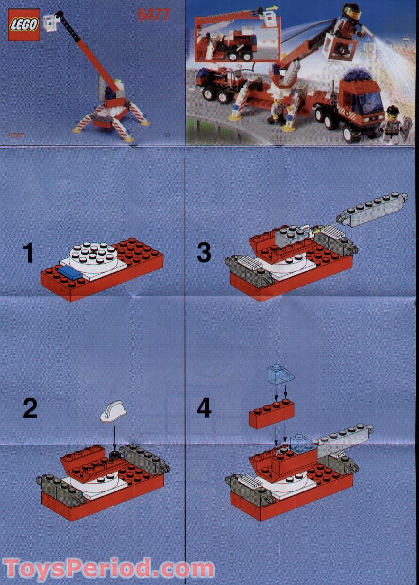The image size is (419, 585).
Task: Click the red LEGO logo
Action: coord(24,25)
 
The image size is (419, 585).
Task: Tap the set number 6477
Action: coord(153,15)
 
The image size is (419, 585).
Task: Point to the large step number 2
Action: coord(30,409)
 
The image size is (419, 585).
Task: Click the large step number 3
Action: coord(204,253)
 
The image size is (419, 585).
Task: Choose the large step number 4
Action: coord(204,408)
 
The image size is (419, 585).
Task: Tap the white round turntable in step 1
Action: coord(93,255)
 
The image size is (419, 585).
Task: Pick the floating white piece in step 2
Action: coord(113,410)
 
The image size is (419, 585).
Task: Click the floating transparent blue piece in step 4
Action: coord(275,374)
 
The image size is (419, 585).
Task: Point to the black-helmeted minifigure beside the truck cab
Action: coord(392,125)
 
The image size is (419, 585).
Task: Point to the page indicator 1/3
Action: coord(168,136)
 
